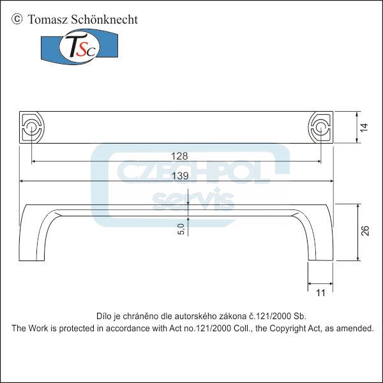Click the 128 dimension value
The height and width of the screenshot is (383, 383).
(x=179, y=155)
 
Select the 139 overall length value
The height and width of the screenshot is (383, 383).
(x=179, y=175)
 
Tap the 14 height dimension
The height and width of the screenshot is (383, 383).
(x=363, y=127)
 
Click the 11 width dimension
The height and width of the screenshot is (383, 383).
(x=320, y=292)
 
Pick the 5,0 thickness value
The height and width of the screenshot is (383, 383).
(x=181, y=229)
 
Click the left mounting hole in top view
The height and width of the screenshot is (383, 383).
(x=31, y=126)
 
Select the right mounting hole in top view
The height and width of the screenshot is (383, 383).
(x=321, y=126)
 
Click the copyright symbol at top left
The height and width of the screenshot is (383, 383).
(x=17, y=19)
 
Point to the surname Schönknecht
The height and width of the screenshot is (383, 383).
(x=103, y=19)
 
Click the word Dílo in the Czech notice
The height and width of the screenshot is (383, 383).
(x=103, y=316)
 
